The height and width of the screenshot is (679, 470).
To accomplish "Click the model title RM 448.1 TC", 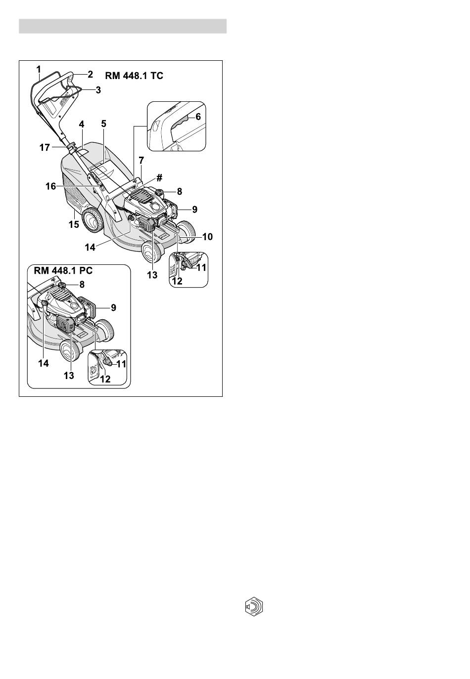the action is (x=134, y=76).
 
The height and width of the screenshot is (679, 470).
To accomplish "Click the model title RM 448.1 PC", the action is (x=63, y=270).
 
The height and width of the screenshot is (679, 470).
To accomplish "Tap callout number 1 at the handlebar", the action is (x=39, y=70).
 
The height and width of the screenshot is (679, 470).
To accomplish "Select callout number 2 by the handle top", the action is (x=90, y=74).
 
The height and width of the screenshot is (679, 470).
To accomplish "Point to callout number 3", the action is (x=98, y=90).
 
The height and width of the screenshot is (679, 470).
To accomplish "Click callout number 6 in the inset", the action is (x=198, y=117).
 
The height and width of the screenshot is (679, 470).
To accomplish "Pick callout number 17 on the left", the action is (x=45, y=148).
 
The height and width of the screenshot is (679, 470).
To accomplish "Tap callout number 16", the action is (x=50, y=186).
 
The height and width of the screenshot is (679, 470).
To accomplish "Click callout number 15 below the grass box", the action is (x=74, y=225).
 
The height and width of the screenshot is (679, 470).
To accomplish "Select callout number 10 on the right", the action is (x=207, y=236).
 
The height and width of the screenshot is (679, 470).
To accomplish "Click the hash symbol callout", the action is (x=159, y=177).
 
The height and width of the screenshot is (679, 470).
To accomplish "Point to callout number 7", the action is (x=141, y=160).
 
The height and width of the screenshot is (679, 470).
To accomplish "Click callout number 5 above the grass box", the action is (x=104, y=124).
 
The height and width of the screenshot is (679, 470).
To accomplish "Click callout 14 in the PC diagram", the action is (x=44, y=363).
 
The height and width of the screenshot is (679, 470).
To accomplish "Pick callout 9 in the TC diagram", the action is (x=194, y=209).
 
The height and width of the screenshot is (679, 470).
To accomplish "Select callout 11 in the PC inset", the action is (x=121, y=364).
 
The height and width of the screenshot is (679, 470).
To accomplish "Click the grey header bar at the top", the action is (x=123, y=26).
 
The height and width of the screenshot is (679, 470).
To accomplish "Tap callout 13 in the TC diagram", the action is (x=152, y=275).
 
